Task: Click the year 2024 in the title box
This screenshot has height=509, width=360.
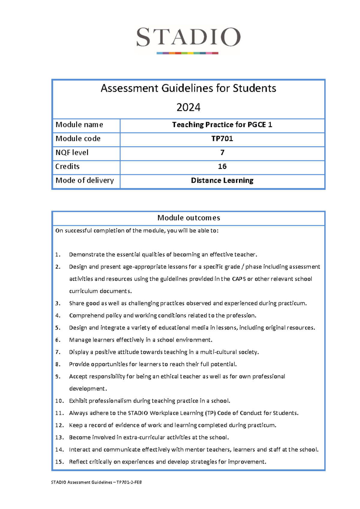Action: click(188, 107)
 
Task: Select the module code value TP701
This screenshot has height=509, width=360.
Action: click(222, 139)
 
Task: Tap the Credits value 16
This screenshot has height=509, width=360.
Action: click(222, 167)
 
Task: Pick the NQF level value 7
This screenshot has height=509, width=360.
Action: click(222, 153)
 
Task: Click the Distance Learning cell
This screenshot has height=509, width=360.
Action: click(222, 180)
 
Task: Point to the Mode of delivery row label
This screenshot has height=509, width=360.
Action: click(85, 180)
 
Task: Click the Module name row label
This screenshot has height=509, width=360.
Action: click(79, 125)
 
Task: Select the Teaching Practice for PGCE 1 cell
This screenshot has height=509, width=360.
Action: click(222, 125)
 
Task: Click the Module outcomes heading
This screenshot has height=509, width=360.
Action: click(188, 218)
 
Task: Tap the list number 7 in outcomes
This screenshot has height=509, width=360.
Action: click(58, 352)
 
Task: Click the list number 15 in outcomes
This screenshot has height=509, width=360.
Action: click(59, 462)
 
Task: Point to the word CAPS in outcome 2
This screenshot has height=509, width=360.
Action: click(238, 279)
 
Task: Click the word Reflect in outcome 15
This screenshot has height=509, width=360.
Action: click(78, 462)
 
